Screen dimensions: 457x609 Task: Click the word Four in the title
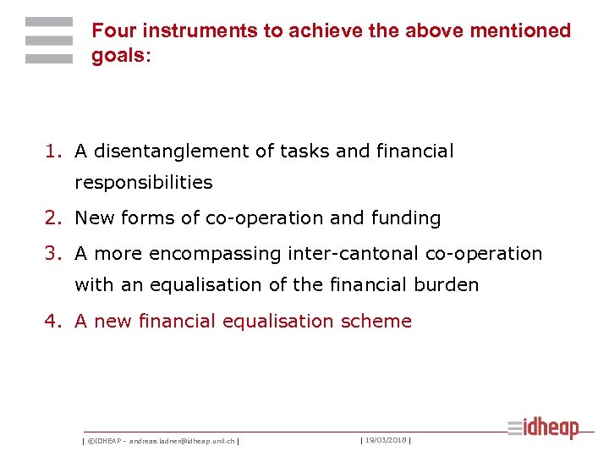[114, 31]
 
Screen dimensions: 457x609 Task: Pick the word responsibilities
[144, 183]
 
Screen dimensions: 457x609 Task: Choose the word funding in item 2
[405, 218]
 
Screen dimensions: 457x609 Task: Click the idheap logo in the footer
[543, 428]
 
